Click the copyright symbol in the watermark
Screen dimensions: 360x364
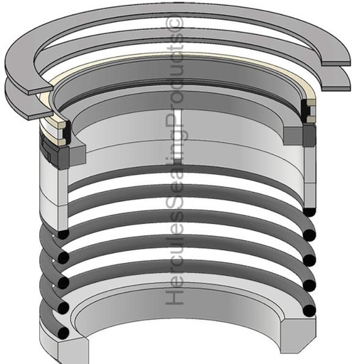(176, 23)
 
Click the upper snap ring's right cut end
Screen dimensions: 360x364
(336, 63)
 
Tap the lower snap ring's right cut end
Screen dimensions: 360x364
(336, 88)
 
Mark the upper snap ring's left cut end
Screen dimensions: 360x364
(41, 91)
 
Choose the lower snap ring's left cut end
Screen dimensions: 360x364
(40, 115)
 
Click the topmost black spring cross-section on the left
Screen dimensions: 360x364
(63, 234)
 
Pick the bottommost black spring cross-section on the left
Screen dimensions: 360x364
(63, 333)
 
